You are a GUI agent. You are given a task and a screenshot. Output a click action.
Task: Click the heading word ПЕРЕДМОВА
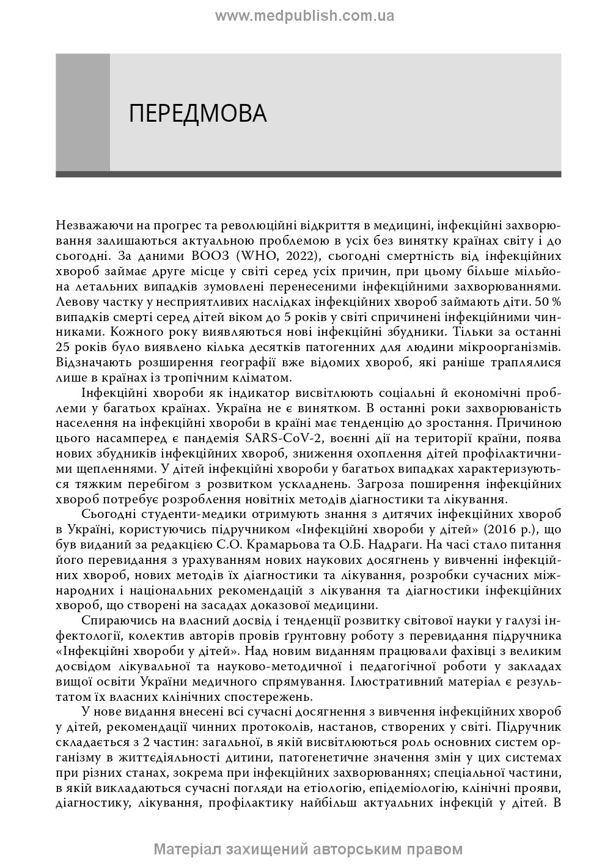pos(197,114)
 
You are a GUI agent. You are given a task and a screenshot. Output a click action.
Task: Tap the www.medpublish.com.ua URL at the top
pos(304,16)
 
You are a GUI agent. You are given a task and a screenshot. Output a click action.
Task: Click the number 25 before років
pos(64,347)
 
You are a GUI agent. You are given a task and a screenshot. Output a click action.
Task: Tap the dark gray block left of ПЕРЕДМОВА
pos(83,112)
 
